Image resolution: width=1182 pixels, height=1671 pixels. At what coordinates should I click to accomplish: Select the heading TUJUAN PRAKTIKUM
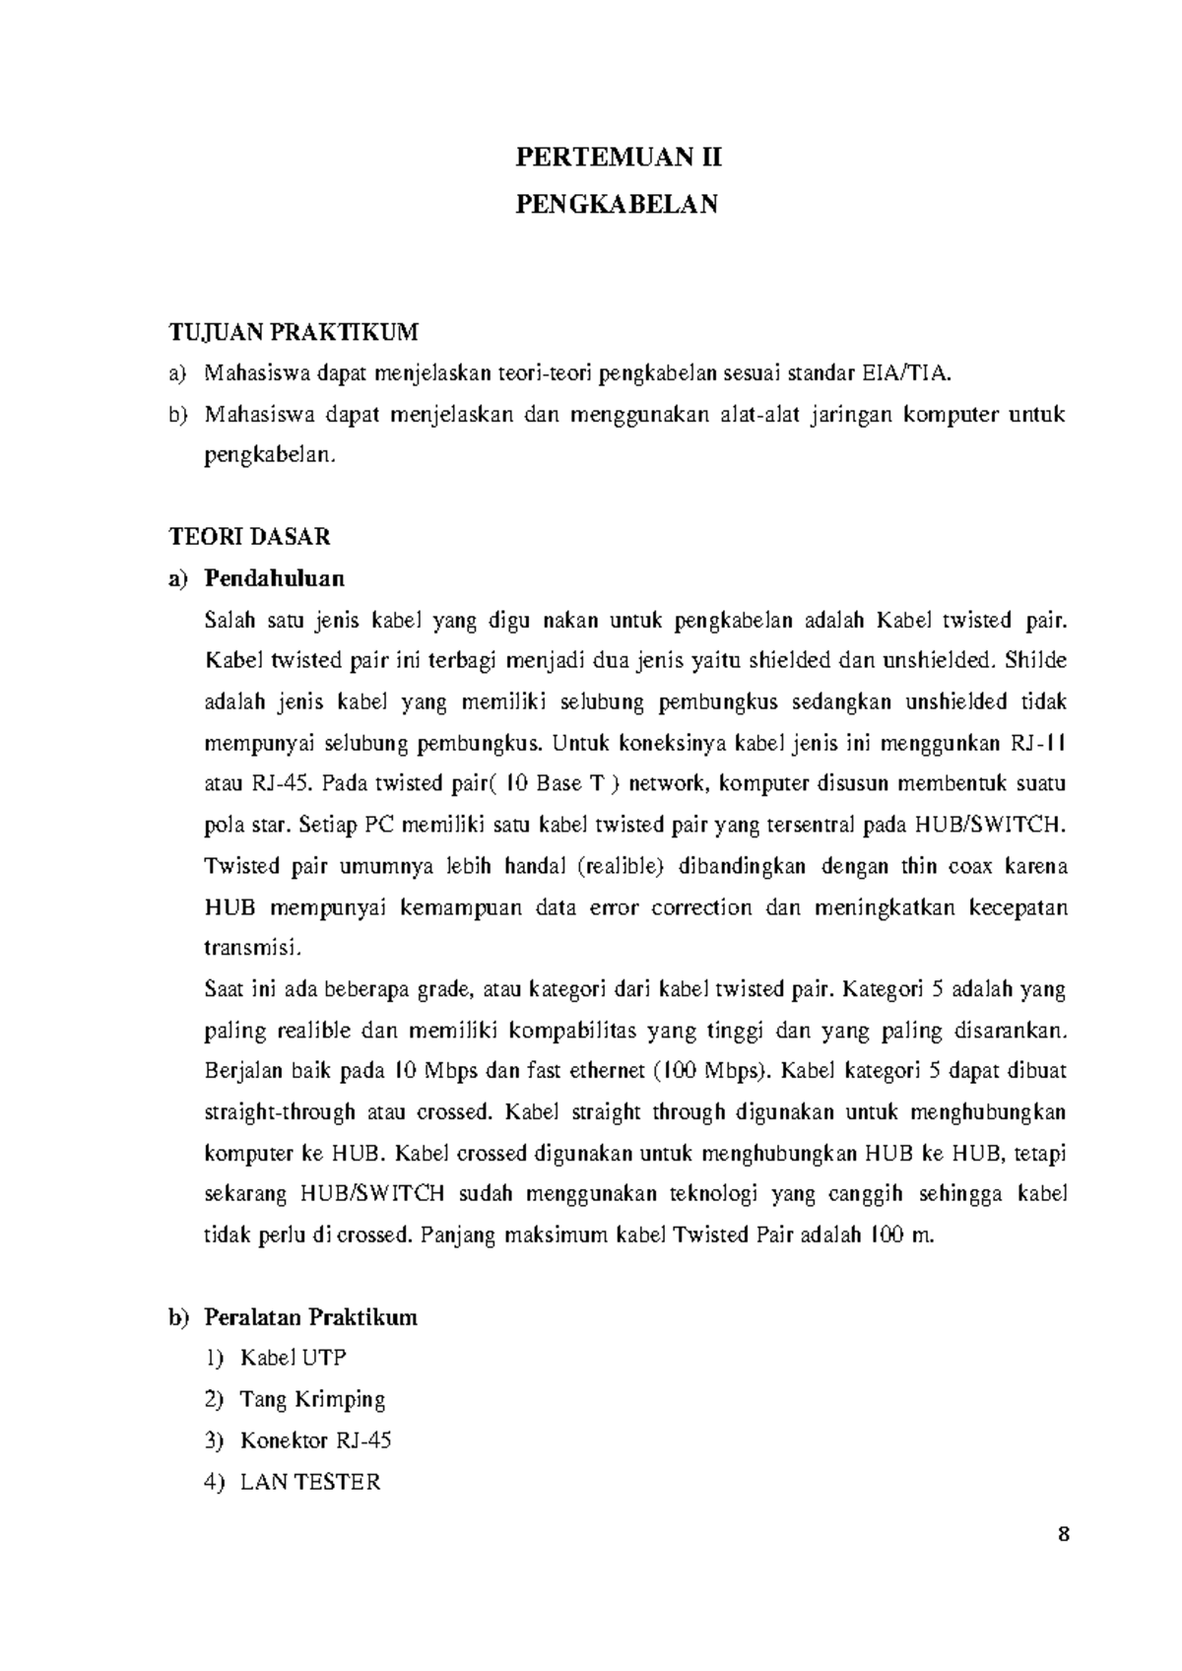(x=294, y=332)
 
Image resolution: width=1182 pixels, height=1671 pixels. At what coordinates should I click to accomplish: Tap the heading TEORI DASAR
(x=250, y=537)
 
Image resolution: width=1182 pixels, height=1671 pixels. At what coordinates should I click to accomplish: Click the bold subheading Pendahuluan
(x=274, y=577)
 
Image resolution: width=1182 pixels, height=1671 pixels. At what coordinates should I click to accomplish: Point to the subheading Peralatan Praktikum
(x=310, y=1317)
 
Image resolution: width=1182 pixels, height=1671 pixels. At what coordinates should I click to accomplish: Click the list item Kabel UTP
(x=293, y=1358)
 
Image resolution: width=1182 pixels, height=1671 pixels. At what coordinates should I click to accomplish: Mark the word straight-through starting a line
(x=280, y=1112)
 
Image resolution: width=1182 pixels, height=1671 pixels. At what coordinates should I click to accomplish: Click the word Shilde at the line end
(x=1038, y=660)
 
